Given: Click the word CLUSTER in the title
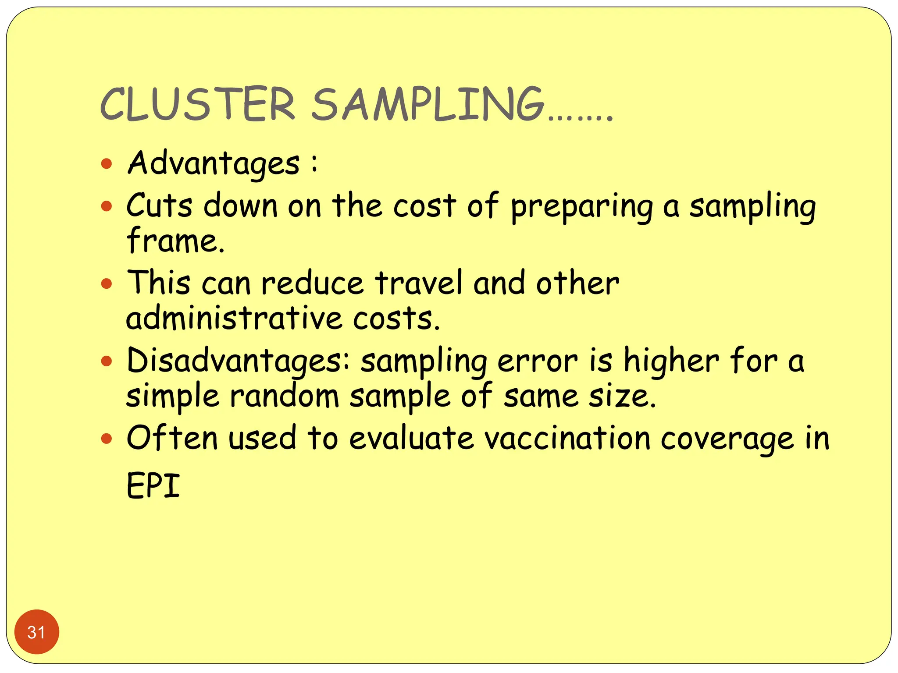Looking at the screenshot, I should [x=198, y=104].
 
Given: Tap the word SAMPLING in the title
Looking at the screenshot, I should [x=428, y=104].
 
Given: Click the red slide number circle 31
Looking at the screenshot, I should [x=36, y=632].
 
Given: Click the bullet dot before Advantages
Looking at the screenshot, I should [x=107, y=164].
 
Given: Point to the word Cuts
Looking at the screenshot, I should [x=159, y=205].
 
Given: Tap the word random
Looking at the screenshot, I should [x=285, y=396].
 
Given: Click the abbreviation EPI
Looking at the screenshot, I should [x=153, y=485].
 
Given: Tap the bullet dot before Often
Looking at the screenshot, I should [x=107, y=438].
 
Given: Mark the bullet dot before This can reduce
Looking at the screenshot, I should [x=107, y=283].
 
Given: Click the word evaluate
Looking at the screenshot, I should [x=411, y=438].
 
